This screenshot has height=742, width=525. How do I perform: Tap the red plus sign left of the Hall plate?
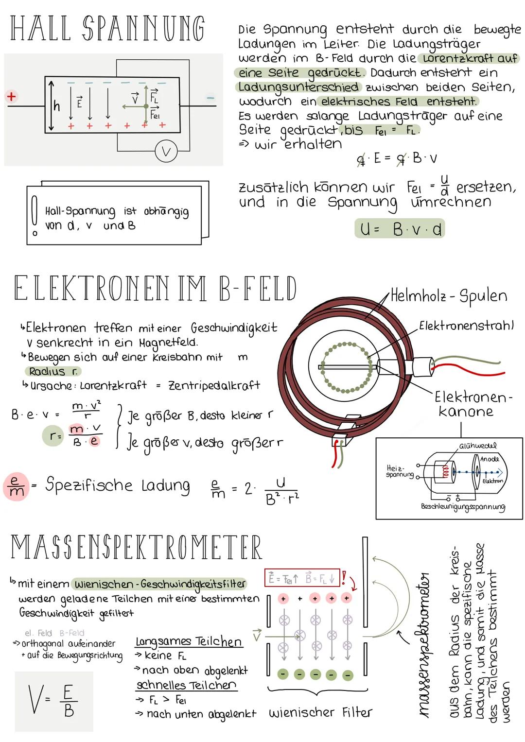click(x=11, y=96)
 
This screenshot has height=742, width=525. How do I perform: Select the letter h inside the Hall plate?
click(x=57, y=106)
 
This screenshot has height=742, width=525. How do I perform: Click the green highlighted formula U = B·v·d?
click(x=400, y=229)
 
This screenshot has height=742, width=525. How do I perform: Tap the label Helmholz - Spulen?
click(x=449, y=295)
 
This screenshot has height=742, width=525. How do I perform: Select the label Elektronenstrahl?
click(x=466, y=325)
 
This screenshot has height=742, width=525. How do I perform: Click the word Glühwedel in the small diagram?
click(x=478, y=446)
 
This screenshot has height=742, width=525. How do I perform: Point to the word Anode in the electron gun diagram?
click(x=490, y=459)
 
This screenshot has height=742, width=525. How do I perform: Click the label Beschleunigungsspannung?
click(x=463, y=506)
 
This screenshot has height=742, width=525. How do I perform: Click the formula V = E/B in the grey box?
click(x=53, y=700)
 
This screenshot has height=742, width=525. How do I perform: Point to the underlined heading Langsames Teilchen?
click(x=189, y=641)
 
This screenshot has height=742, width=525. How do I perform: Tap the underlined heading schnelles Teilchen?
click(x=186, y=685)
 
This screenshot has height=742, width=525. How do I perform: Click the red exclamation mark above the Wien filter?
click(x=344, y=577)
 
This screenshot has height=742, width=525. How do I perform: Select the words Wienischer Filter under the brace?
click(x=320, y=713)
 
